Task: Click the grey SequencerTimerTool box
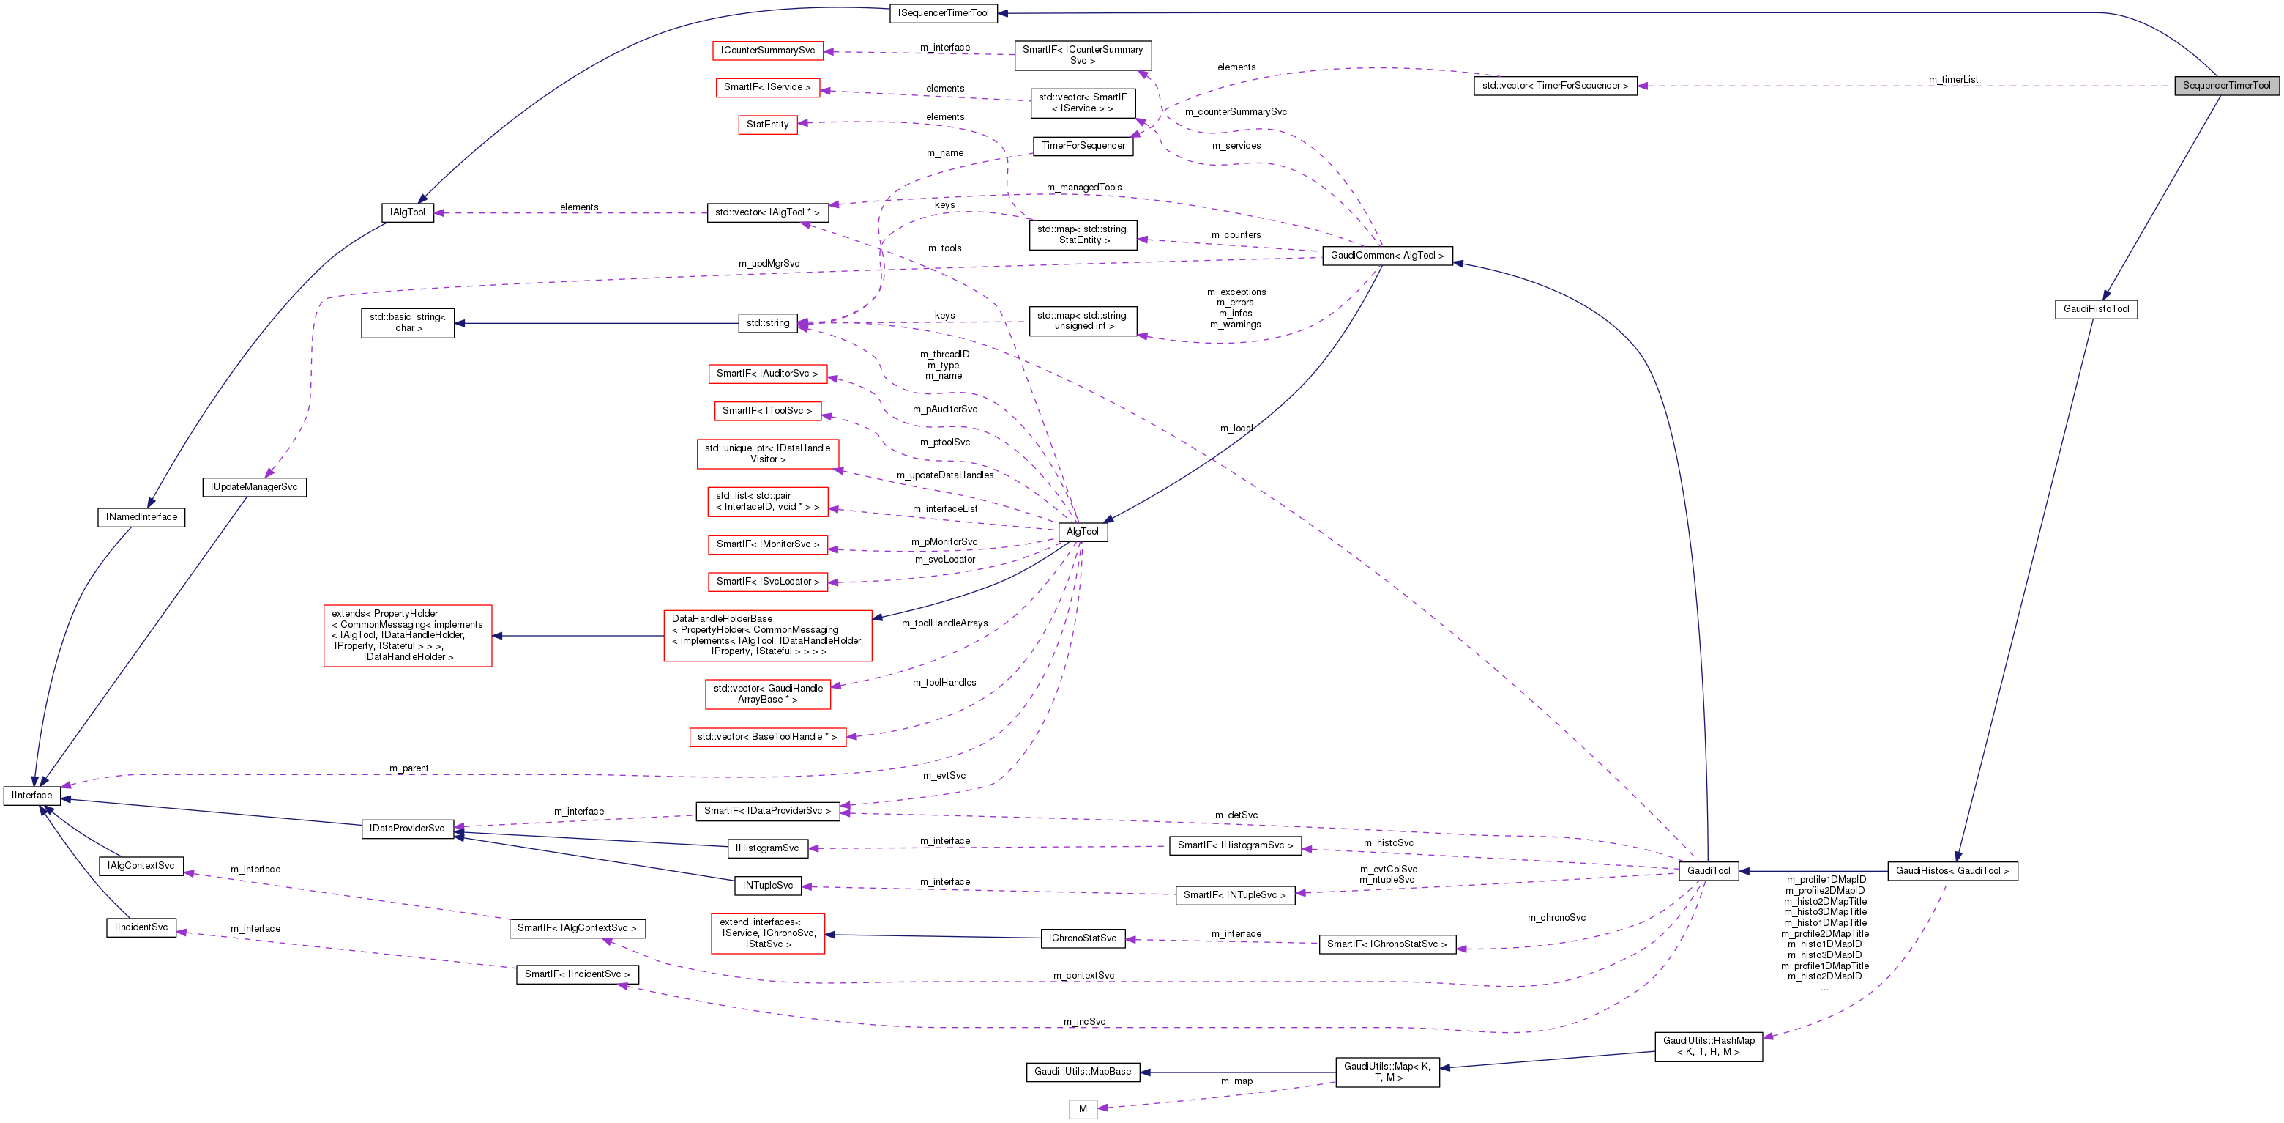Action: click(x=2225, y=85)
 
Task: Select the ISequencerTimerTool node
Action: click(x=944, y=12)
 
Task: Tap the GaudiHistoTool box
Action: click(x=2095, y=308)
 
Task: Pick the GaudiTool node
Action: click(x=1708, y=870)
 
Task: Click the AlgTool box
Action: click(x=1082, y=531)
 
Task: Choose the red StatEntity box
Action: click(x=767, y=125)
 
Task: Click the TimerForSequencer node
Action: click(x=1083, y=146)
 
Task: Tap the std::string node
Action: click(x=767, y=323)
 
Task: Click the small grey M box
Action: click(x=1083, y=1109)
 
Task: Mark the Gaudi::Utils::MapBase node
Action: click(x=1083, y=1072)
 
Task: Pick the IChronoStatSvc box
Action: click(x=1083, y=938)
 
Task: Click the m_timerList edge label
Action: click(x=1953, y=80)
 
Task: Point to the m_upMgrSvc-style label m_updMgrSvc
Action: click(x=769, y=264)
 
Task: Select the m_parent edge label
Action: click(x=408, y=768)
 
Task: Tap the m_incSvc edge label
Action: click(x=1084, y=1022)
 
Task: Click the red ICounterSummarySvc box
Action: click(x=767, y=51)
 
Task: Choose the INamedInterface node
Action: click(x=142, y=517)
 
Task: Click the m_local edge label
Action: click(x=1236, y=429)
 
